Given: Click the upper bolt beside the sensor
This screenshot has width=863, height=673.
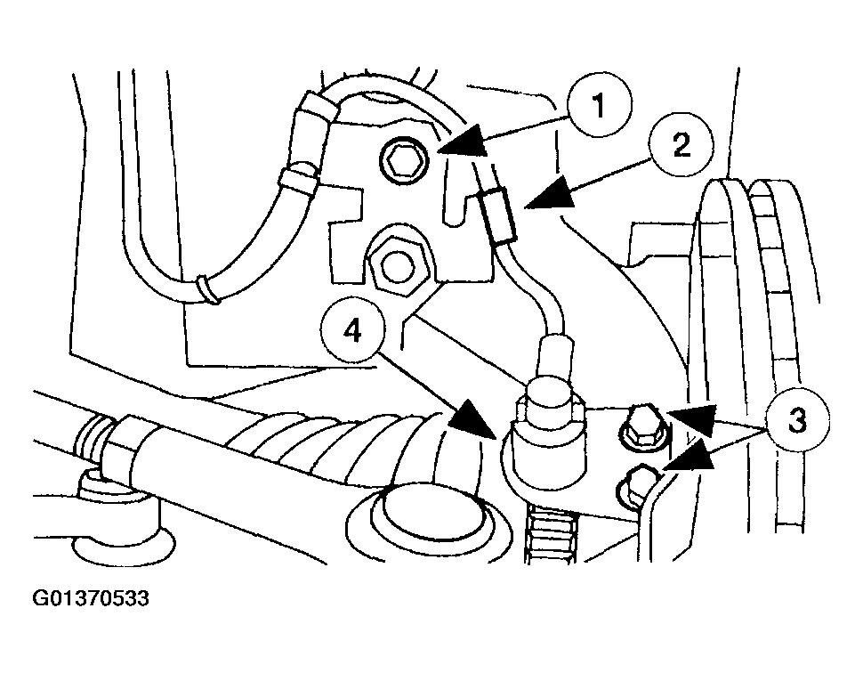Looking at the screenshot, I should point(641,426).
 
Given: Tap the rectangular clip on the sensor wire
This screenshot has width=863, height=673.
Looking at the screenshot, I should point(498,215).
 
